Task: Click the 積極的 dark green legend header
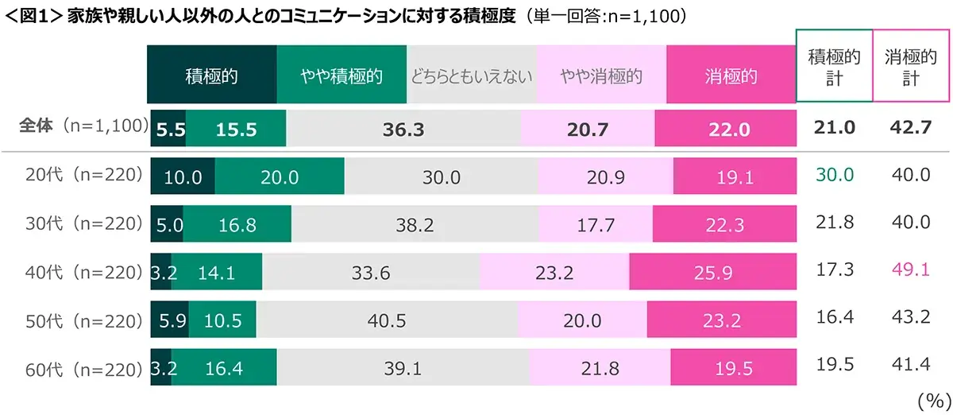pyautogui.click(x=212, y=76)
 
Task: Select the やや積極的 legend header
pyautogui.click(x=341, y=76)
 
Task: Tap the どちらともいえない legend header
pyautogui.click(x=472, y=76)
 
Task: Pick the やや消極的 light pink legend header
pyautogui.click(x=601, y=76)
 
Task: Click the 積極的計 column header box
pyautogui.click(x=834, y=67)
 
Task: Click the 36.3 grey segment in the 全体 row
pyautogui.click(x=403, y=130)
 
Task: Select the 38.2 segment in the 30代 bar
pyautogui.click(x=415, y=223)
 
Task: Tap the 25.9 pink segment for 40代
pyautogui.click(x=712, y=273)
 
